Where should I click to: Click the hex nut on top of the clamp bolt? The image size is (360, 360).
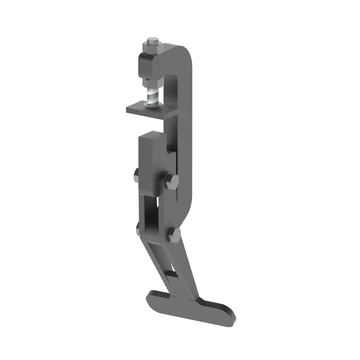(151, 47)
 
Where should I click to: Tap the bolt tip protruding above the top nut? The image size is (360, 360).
(152, 39)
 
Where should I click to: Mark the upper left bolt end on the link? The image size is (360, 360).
(136, 178)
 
